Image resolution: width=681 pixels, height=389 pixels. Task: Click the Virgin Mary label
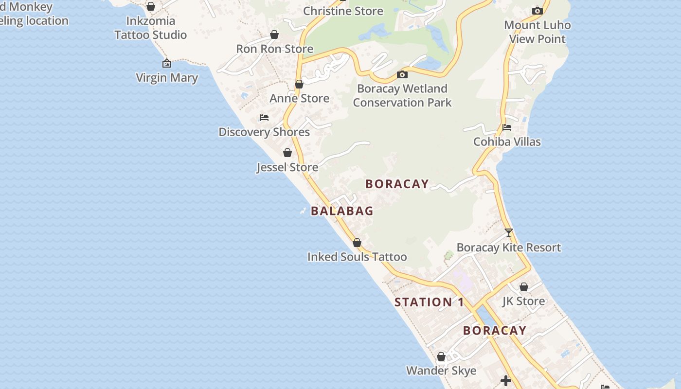click(167, 78)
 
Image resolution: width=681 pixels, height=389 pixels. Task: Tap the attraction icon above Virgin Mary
click(167, 63)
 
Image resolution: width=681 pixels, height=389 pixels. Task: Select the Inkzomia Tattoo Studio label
click(150, 28)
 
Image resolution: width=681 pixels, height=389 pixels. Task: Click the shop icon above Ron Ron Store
click(274, 35)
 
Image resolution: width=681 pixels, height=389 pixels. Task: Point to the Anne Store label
click(299, 98)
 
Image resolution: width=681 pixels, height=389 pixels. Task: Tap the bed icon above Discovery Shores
click(264, 118)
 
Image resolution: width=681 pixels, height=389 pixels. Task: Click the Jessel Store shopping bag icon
click(287, 153)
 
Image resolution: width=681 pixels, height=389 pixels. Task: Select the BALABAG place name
click(342, 211)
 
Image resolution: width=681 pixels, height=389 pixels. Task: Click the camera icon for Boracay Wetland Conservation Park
click(402, 74)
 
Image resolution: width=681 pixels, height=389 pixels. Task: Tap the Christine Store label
click(343, 11)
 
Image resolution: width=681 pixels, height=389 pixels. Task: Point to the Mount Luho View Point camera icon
click(537, 11)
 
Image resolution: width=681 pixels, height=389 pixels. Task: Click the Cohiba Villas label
click(507, 141)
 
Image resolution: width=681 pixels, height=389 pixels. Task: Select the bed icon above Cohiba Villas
click(507, 127)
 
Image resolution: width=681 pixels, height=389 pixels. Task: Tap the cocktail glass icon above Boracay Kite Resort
click(508, 233)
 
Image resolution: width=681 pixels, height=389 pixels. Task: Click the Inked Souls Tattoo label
click(357, 257)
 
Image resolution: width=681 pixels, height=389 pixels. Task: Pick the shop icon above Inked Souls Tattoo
click(357, 243)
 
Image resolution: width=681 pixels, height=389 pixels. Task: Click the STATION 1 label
click(429, 302)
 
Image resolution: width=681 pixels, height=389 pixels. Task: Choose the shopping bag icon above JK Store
click(523, 287)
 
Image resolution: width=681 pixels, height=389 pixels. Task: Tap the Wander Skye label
click(441, 371)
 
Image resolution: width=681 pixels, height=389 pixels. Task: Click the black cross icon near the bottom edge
click(506, 381)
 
